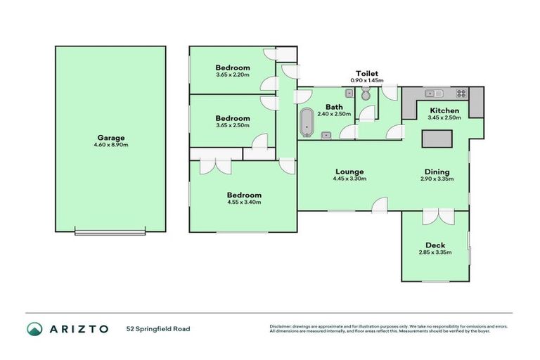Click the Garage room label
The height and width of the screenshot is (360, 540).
[x=111, y=138]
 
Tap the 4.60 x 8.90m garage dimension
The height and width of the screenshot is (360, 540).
[x=111, y=145]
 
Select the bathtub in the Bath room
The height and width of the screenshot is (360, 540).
[x=307, y=123]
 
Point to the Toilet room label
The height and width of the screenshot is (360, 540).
[x=367, y=73]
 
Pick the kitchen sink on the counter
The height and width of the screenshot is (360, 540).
[x=433, y=93]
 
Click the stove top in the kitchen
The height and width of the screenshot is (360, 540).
[x=461, y=93]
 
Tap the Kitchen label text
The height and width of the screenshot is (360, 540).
[x=444, y=111]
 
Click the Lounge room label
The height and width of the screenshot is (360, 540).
[x=349, y=171]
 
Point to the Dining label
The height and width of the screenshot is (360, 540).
[x=437, y=171]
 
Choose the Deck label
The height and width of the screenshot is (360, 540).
[x=435, y=245]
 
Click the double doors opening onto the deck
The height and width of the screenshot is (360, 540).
[x=435, y=217]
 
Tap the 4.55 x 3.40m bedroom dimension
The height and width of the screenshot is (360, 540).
[x=243, y=202]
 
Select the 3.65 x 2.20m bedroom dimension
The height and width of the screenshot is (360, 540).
[x=232, y=75]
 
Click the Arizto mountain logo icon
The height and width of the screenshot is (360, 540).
[x=34, y=328]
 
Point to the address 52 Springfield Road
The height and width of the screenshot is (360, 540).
[x=158, y=328]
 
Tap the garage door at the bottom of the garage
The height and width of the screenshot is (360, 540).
[x=110, y=232]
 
